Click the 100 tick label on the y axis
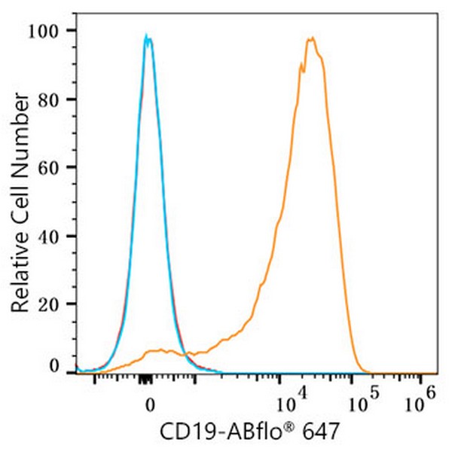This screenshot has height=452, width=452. (x=54, y=30)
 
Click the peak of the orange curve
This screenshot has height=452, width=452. (x=310, y=38)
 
